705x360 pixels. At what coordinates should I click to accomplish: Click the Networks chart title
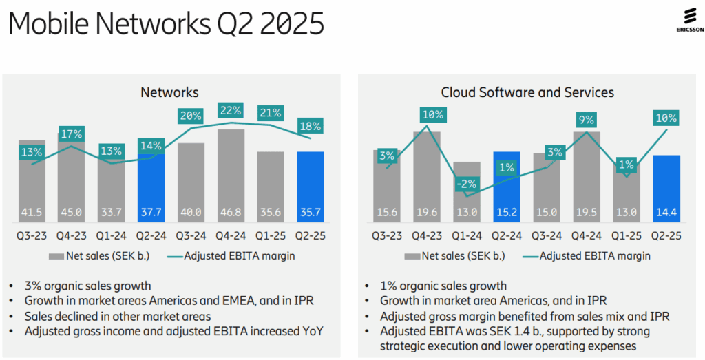tap(169, 92)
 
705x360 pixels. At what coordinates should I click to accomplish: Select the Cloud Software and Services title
tap(527, 92)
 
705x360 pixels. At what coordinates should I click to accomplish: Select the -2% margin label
tap(468, 184)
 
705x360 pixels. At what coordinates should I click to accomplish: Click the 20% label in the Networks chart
tap(191, 116)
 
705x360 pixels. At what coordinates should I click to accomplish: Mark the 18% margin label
tap(310, 126)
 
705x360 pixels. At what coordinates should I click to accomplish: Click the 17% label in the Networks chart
tap(71, 133)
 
